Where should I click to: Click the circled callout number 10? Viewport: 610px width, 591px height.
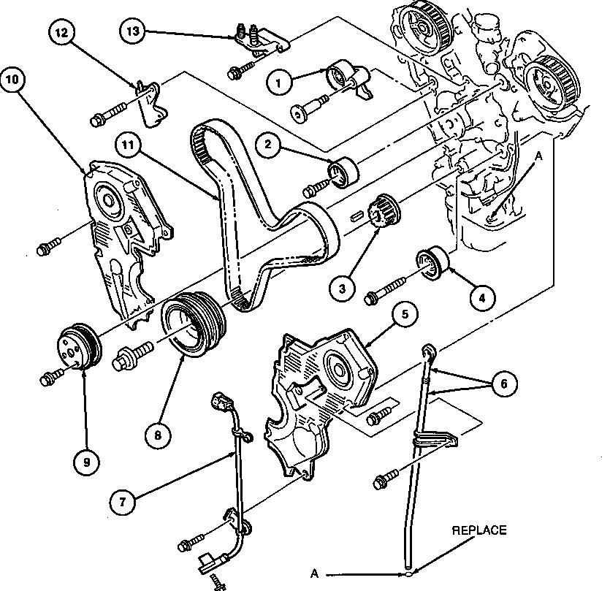[x=13, y=80]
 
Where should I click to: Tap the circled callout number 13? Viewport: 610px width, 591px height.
[x=133, y=31]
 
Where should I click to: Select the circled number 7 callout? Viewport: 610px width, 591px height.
[x=123, y=502]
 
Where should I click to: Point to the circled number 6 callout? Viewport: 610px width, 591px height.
[x=504, y=384]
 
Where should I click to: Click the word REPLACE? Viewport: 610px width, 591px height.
[x=479, y=530]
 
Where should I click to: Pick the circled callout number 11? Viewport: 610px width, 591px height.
[x=128, y=145]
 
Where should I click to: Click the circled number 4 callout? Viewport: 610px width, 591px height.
[x=482, y=298]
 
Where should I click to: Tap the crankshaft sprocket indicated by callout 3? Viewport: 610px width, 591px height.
[x=384, y=210]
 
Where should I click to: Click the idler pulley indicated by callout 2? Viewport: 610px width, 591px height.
[x=343, y=172]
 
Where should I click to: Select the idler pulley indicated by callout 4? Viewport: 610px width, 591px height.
[x=433, y=262]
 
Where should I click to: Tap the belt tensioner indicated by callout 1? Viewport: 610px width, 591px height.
[x=348, y=78]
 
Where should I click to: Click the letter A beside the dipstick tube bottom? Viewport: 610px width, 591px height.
[x=314, y=573]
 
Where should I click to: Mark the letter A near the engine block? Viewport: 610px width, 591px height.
[x=538, y=156]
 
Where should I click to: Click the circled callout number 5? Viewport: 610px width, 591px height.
[x=405, y=314]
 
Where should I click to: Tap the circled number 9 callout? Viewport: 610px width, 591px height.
[x=86, y=462]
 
